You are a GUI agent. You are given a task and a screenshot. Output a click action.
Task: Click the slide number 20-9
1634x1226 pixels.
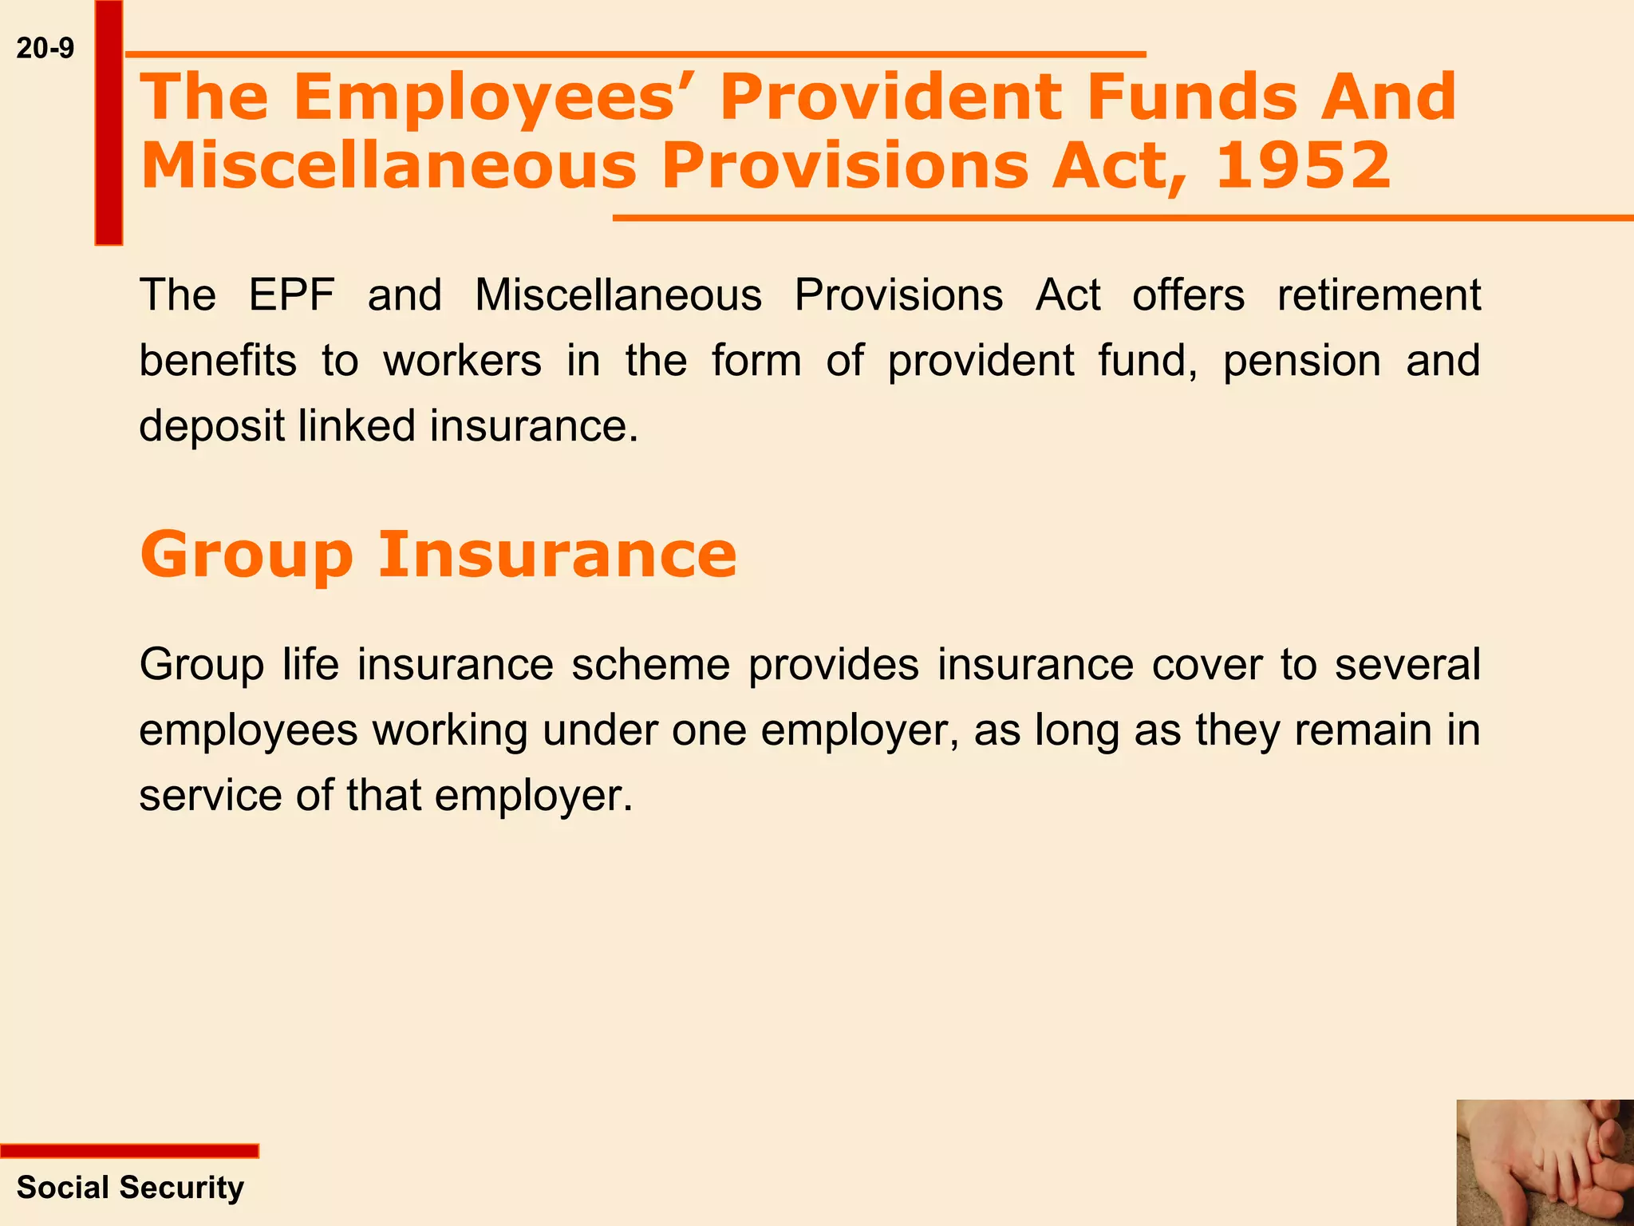pos(45,49)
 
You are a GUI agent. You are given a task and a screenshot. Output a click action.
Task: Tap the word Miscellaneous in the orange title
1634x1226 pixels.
pos(389,165)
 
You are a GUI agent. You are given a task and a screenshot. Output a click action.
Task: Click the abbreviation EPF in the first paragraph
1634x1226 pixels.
pos(291,295)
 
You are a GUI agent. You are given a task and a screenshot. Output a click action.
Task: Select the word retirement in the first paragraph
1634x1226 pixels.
pos(1378,295)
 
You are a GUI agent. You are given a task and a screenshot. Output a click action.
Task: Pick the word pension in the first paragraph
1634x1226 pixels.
pos(1301,361)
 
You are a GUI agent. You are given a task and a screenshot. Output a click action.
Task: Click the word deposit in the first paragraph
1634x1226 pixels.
pos(211,426)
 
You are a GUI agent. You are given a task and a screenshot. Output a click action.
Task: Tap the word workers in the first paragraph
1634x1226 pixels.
pos(462,361)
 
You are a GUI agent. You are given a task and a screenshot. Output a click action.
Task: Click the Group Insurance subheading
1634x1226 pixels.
pos(438,555)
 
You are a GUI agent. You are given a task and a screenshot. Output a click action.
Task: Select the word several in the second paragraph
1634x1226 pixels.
pos(1407,665)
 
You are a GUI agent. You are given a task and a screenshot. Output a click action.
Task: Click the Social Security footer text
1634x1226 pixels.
pos(130,1188)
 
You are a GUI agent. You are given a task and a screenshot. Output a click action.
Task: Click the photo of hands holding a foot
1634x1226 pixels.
pos(1545,1162)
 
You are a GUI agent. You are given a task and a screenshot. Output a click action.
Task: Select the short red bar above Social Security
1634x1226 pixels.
pos(129,1150)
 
